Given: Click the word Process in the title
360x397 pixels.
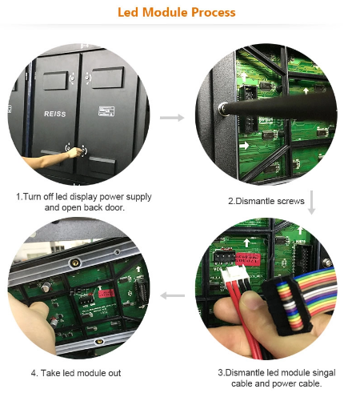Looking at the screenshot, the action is coord(214,12).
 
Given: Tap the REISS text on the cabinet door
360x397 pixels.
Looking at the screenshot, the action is coord(55,114).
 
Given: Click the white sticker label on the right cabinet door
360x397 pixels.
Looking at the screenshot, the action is coord(106,111).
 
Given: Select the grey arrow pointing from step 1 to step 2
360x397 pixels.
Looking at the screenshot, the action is coord(172,118).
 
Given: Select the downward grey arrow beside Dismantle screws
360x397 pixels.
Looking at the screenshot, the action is coord(311,203).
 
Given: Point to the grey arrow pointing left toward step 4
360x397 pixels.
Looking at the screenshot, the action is coord(173,295).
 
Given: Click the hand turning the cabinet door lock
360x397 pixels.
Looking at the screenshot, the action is coord(75,153).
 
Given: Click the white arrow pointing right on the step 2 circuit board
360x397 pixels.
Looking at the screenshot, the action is coord(244,146).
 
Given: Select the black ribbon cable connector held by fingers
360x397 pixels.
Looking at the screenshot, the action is coord(287,305).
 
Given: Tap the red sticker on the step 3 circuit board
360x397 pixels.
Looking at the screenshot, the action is coord(248,259).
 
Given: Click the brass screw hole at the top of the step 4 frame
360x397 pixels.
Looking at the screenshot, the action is coord(75,263).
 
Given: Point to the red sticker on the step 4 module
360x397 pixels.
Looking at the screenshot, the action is coord(106,293).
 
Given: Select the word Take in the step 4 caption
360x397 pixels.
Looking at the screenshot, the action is coord(50,373).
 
